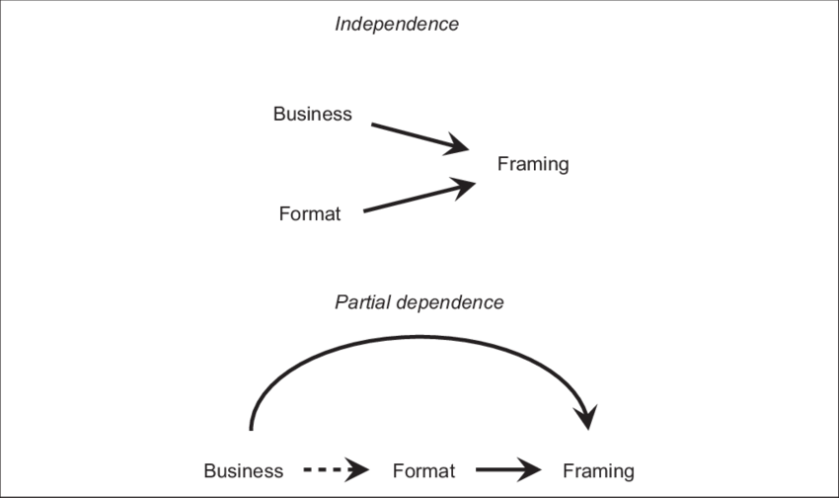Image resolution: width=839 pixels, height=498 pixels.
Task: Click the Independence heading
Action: (x=396, y=25)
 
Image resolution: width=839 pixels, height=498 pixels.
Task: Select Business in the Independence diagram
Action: (x=312, y=114)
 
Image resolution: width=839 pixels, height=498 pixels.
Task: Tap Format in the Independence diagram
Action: (x=310, y=213)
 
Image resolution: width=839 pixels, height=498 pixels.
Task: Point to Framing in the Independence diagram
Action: (x=534, y=164)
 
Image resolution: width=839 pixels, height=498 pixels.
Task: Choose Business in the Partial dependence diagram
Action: (x=243, y=470)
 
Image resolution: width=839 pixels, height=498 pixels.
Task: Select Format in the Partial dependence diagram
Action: (x=424, y=470)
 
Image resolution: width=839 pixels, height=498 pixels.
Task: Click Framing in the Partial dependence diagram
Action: (x=598, y=470)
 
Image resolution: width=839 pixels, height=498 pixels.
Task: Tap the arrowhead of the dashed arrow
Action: (x=358, y=471)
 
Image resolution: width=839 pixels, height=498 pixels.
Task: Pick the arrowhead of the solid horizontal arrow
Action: (x=534, y=471)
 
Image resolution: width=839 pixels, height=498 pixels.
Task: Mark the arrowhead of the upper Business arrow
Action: (x=456, y=146)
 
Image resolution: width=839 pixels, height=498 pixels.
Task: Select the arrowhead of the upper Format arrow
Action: (x=464, y=185)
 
